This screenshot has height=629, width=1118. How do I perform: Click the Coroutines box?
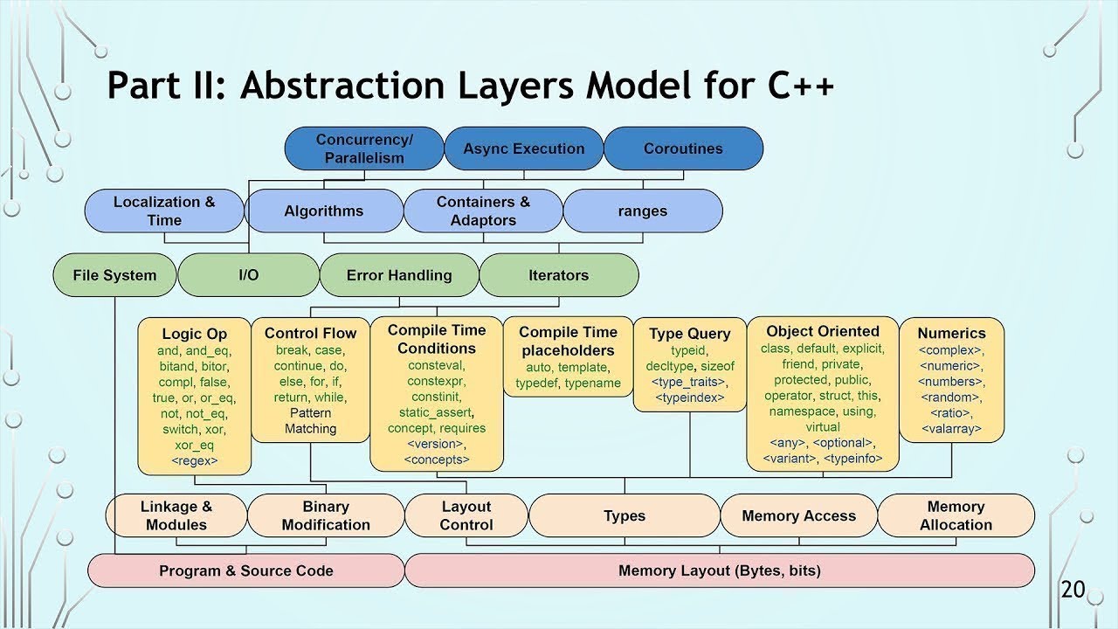(x=683, y=149)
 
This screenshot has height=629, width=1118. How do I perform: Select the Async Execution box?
(x=523, y=149)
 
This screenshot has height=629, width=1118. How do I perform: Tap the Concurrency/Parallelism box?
(x=364, y=149)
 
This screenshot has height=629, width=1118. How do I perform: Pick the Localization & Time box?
(x=163, y=211)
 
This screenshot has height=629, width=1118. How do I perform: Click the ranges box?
(x=642, y=211)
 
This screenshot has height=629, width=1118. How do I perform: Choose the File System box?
(x=114, y=275)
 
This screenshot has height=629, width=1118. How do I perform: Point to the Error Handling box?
(x=399, y=275)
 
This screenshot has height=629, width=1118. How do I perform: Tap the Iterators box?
(x=558, y=275)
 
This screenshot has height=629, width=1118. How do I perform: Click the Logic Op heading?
(x=194, y=334)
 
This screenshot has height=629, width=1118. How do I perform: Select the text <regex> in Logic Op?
(x=194, y=460)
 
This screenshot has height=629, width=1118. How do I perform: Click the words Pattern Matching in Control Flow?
(x=310, y=420)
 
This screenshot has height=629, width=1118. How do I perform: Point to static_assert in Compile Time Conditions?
(x=436, y=412)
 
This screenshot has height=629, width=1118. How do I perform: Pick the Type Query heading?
(x=689, y=334)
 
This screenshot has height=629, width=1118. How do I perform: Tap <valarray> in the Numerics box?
(x=951, y=429)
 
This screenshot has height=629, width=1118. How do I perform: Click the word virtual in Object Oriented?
(x=822, y=427)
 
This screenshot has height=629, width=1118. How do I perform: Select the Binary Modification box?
(x=325, y=515)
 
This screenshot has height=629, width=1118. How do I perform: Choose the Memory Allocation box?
(x=956, y=515)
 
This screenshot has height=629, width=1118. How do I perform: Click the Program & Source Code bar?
(x=245, y=571)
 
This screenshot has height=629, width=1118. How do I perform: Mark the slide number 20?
(x=1073, y=590)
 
